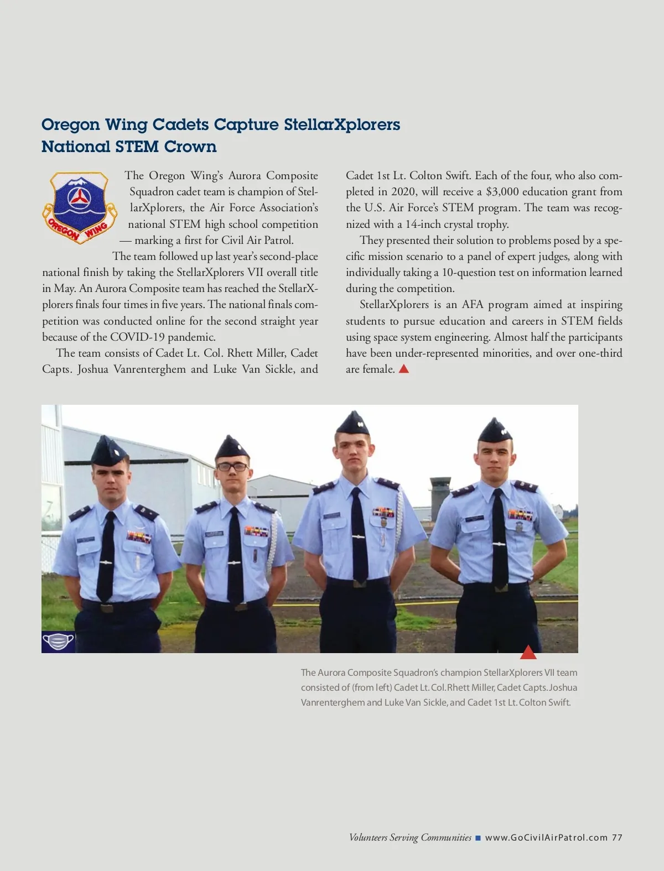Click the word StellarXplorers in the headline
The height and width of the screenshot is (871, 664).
[342, 124]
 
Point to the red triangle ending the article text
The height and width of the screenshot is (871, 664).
[404, 369]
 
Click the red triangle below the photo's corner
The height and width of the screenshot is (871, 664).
[528, 653]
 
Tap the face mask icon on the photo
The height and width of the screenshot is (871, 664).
[58, 642]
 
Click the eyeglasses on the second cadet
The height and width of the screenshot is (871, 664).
[232, 467]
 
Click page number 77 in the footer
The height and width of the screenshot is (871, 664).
[617, 837]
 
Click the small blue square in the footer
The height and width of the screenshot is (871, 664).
[478, 838]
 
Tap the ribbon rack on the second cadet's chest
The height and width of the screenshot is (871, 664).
[257, 531]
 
